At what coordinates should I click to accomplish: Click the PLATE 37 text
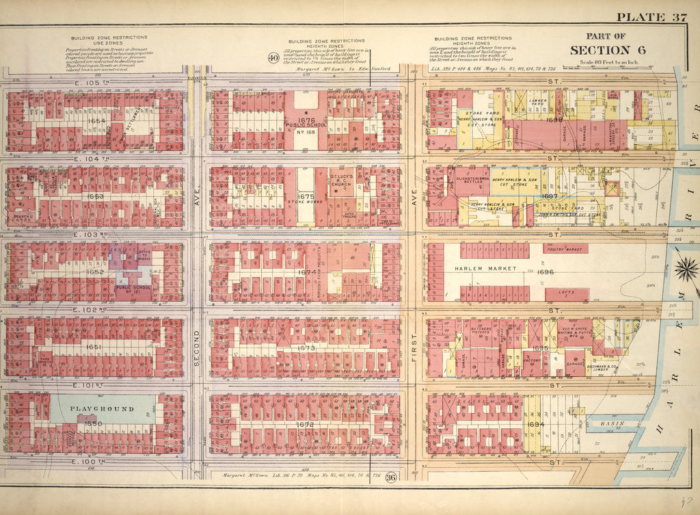651,18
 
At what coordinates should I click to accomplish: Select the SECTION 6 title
600,50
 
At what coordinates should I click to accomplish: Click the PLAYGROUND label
102,408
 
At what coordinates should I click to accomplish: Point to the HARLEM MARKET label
484,269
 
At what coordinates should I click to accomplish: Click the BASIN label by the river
610,423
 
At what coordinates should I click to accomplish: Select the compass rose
686,269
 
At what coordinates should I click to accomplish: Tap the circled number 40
273,57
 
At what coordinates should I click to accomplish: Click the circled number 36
390,477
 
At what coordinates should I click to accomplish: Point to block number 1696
545,272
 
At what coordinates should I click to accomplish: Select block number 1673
306,348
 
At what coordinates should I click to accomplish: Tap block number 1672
305,425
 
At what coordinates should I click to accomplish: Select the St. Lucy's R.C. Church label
340,180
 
